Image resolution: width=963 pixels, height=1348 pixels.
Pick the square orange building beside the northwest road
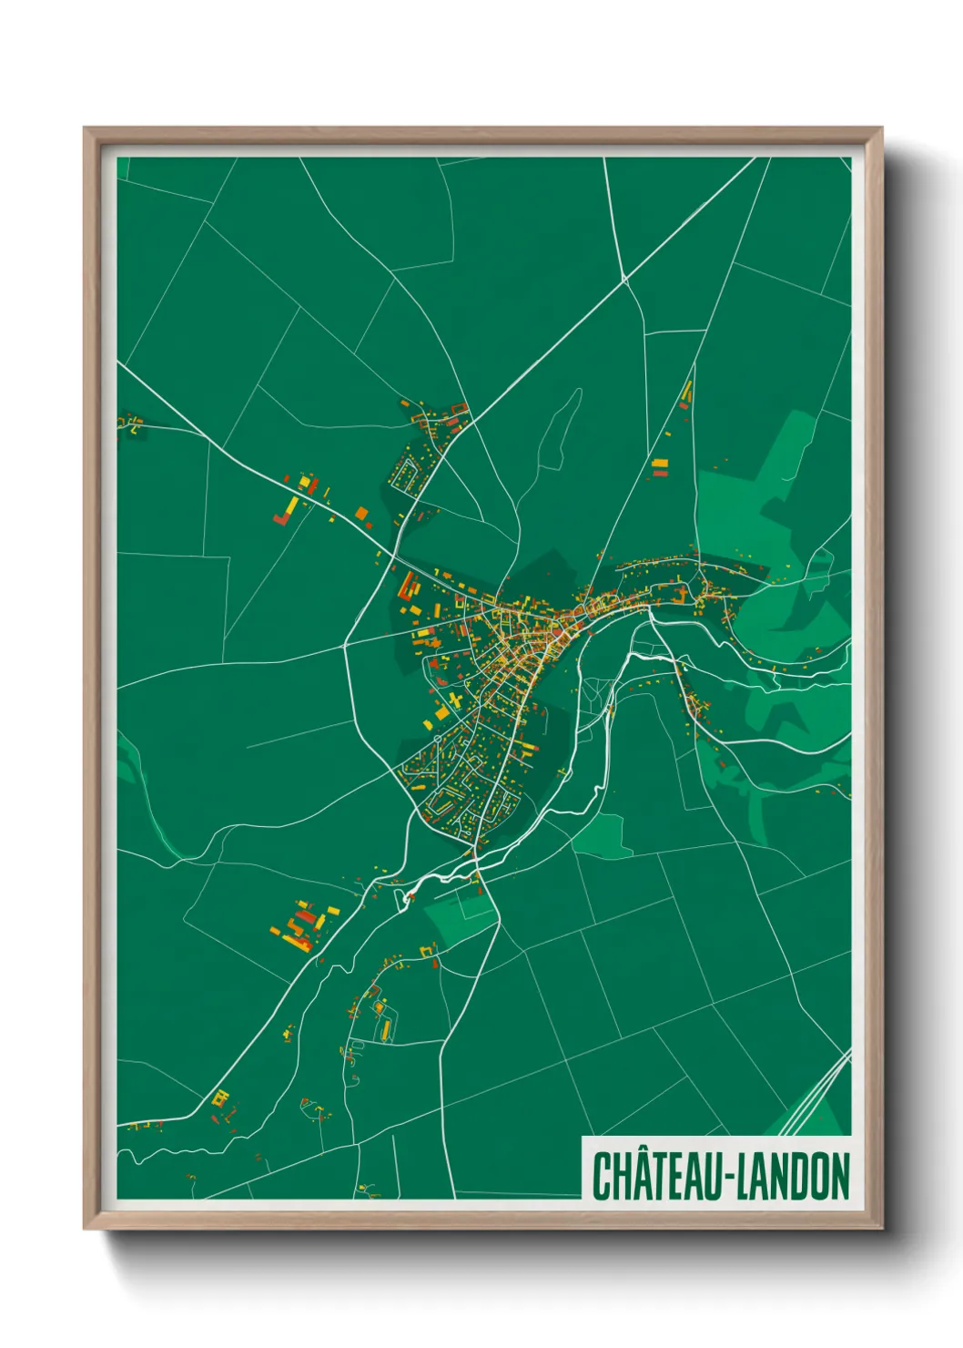click(x=362, y=515)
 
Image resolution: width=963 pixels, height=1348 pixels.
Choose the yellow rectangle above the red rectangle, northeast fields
click(x=660, y=464)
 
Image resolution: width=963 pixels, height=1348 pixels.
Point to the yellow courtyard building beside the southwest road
click(x=219, y=1098)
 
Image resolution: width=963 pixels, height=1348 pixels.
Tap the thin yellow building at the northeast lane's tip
click(x=688, y=393)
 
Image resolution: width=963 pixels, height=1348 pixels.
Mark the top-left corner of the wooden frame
click(x=85, y=128)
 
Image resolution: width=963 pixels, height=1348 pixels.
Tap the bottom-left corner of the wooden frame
click(x=85, y=1230)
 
